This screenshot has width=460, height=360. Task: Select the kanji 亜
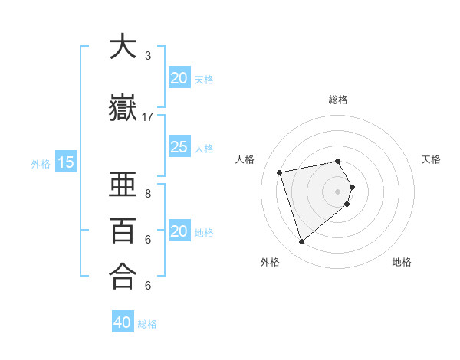(123, 185)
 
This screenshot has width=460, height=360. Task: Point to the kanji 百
(123, 231)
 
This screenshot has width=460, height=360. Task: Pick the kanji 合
(123, 277)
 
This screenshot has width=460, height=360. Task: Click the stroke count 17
(148, 117)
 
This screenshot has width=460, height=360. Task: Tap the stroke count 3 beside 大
(148, 56)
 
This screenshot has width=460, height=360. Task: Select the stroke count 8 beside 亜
(148, 194)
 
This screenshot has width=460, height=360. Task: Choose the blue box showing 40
(123, 322)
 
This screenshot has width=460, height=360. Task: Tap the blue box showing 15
(66, 162)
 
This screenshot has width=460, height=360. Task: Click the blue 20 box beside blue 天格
(179, 77)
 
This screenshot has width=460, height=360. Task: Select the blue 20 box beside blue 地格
(179, 231)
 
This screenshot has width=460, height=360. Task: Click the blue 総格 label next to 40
(147, 324)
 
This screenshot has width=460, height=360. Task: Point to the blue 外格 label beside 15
(41, 163)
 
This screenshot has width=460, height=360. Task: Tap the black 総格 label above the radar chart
(338, 100)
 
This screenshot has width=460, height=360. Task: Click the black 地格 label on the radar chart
(402, 262)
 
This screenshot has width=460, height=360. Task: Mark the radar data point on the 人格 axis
(280, 172)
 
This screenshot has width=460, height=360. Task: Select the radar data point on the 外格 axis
(302, 242)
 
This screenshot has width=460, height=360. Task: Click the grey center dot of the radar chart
(338, 191)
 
